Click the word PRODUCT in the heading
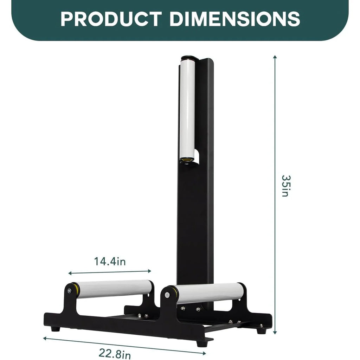pyautogui.click(x=111, y=19)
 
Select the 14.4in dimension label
pyautogui.click(x=110, y=262)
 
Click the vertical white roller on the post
pyautogui.click(x=187, y=109)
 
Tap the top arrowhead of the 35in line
pyautogui.click(x=275, y=57)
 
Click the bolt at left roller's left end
pyautogui.click(x=69, y=290)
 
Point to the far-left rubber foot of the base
pyautogui.click(x=54, y=329)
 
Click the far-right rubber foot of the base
pyautogui.click(x=261, y=331)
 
